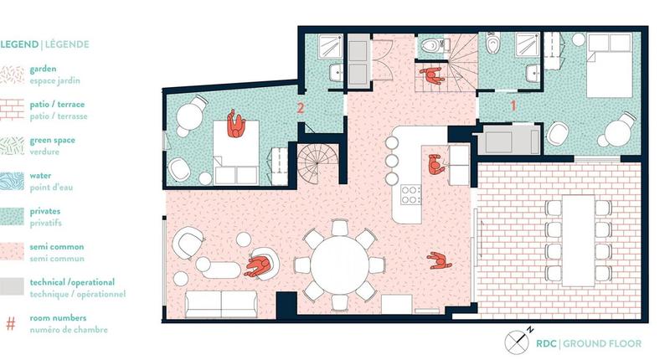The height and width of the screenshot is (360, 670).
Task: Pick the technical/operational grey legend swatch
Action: pyautogui.click(x=13, y=286)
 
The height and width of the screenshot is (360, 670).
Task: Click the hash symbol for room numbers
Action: pyautogui.click(x=11, y=322)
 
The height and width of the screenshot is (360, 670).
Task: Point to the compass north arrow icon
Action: pyautogui.click(x=518, y=342)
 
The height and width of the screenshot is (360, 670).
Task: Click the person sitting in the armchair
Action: pyautogui.click(x=260, y=266)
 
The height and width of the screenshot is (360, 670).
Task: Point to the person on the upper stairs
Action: pyautogui.click(x=432, y=77)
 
